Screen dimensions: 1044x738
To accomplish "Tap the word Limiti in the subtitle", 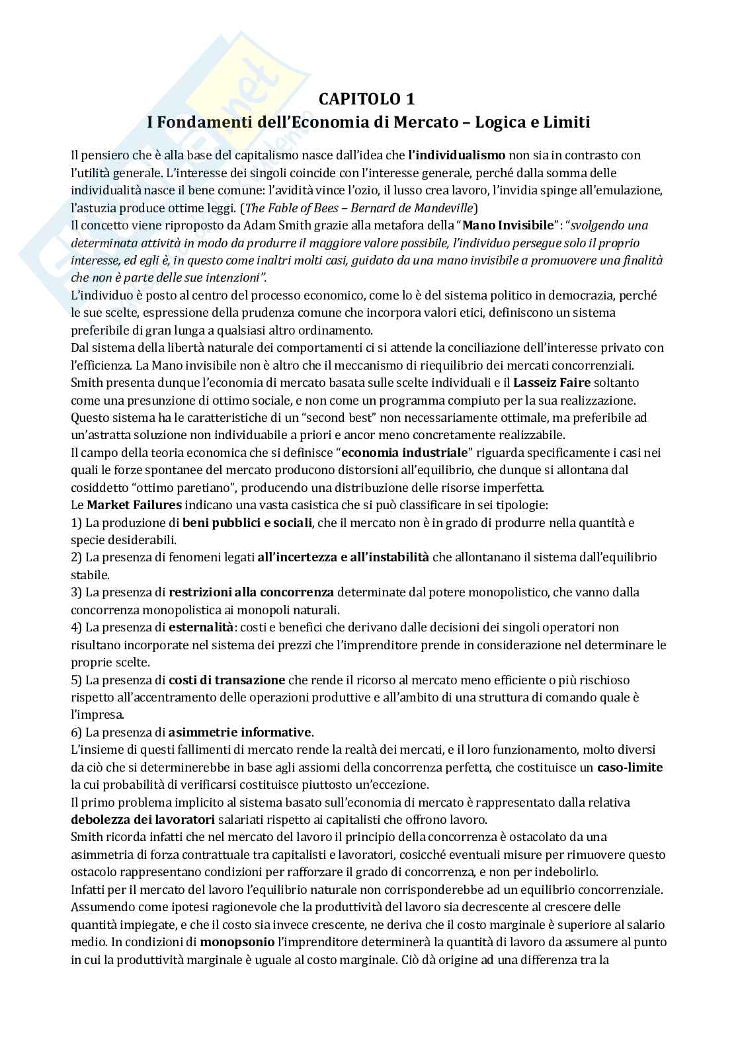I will tap(569, 122).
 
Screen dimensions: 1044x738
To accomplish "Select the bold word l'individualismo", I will tap(456, 155).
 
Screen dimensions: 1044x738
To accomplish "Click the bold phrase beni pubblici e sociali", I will tap(247, 522).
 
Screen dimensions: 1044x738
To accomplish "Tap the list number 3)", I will tap(76, 592).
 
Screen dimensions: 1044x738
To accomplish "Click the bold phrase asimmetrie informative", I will tap(239, 732).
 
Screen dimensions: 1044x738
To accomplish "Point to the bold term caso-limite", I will tap(630, 768).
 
